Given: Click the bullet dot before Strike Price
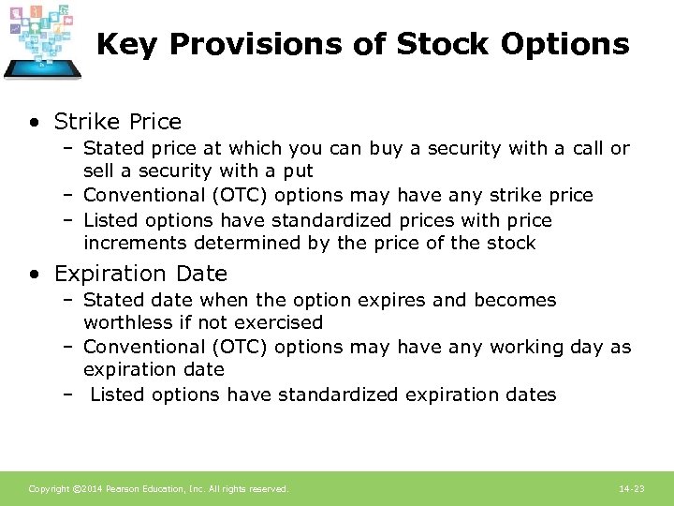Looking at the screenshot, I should coord(35,123).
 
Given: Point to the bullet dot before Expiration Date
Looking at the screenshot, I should coord(35,275).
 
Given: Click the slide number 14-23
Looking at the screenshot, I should coord(632,489).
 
